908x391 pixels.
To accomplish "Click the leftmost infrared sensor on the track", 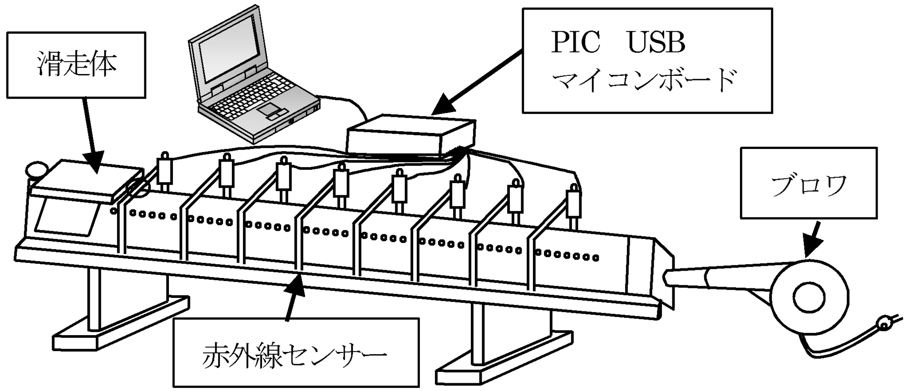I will pyautogui.click(x=164, y=172).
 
